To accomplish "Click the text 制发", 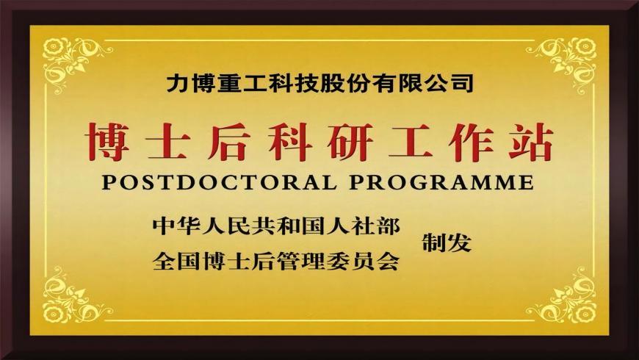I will (446, 243).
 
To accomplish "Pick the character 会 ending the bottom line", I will (388, 260).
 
